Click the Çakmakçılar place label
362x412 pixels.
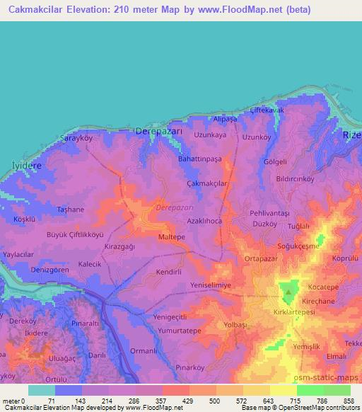[x=207, y=183]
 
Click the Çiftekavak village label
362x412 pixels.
[x=267, y=111]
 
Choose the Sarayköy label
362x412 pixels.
[x=77, y=138]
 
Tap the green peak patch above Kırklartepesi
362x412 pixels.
[x=288, y=291]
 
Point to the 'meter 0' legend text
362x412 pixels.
[x=12, y=400]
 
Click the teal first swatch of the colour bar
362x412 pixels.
[x=41, y=390]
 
